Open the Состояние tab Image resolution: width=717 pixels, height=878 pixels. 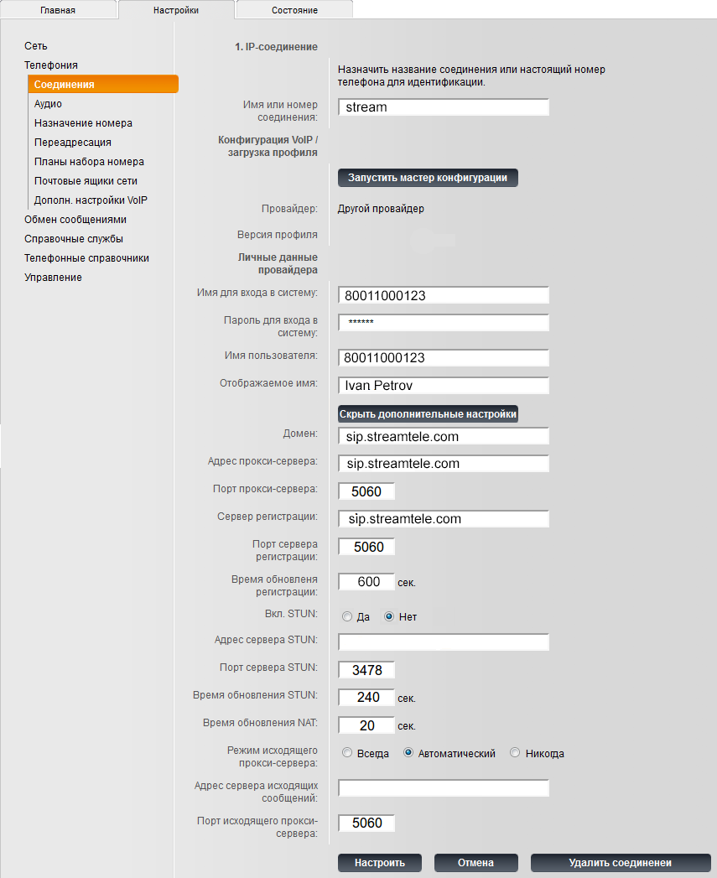click(294, 10)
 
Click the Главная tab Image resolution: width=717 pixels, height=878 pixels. click(58, 10)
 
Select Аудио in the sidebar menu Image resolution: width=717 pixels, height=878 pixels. click(48, 104)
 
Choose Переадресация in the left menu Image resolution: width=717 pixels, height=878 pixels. click(73, 143)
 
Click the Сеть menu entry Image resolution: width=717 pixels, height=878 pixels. click(36, 46)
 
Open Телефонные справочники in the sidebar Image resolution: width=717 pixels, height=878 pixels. click(86, 258)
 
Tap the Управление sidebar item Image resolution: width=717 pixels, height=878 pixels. click(53, 278)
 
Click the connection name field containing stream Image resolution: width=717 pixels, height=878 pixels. click(444, 107)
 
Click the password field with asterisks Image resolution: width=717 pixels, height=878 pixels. click(444, 323)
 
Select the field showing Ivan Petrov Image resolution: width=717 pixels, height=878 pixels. click(444, 386)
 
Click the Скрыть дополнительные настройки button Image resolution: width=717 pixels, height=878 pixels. click(428, 413)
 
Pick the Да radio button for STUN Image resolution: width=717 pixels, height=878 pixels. click(347, 617)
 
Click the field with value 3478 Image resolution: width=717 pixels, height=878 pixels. click(366, 670)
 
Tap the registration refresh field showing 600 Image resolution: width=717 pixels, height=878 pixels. click(366, 582)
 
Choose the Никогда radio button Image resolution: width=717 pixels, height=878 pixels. click(515, 754)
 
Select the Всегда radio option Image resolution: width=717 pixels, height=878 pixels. click(347, 754)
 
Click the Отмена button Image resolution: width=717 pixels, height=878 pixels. click(475, 863)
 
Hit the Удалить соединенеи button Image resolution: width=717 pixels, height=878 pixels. click(621, 863)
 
